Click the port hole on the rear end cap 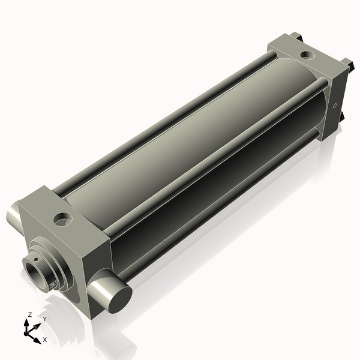tap(307, 56)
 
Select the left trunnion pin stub tap(14, 214)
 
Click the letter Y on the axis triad tap(44, 319)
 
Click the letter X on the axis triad tap(44, 340)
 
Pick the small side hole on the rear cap tap(334, 106)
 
